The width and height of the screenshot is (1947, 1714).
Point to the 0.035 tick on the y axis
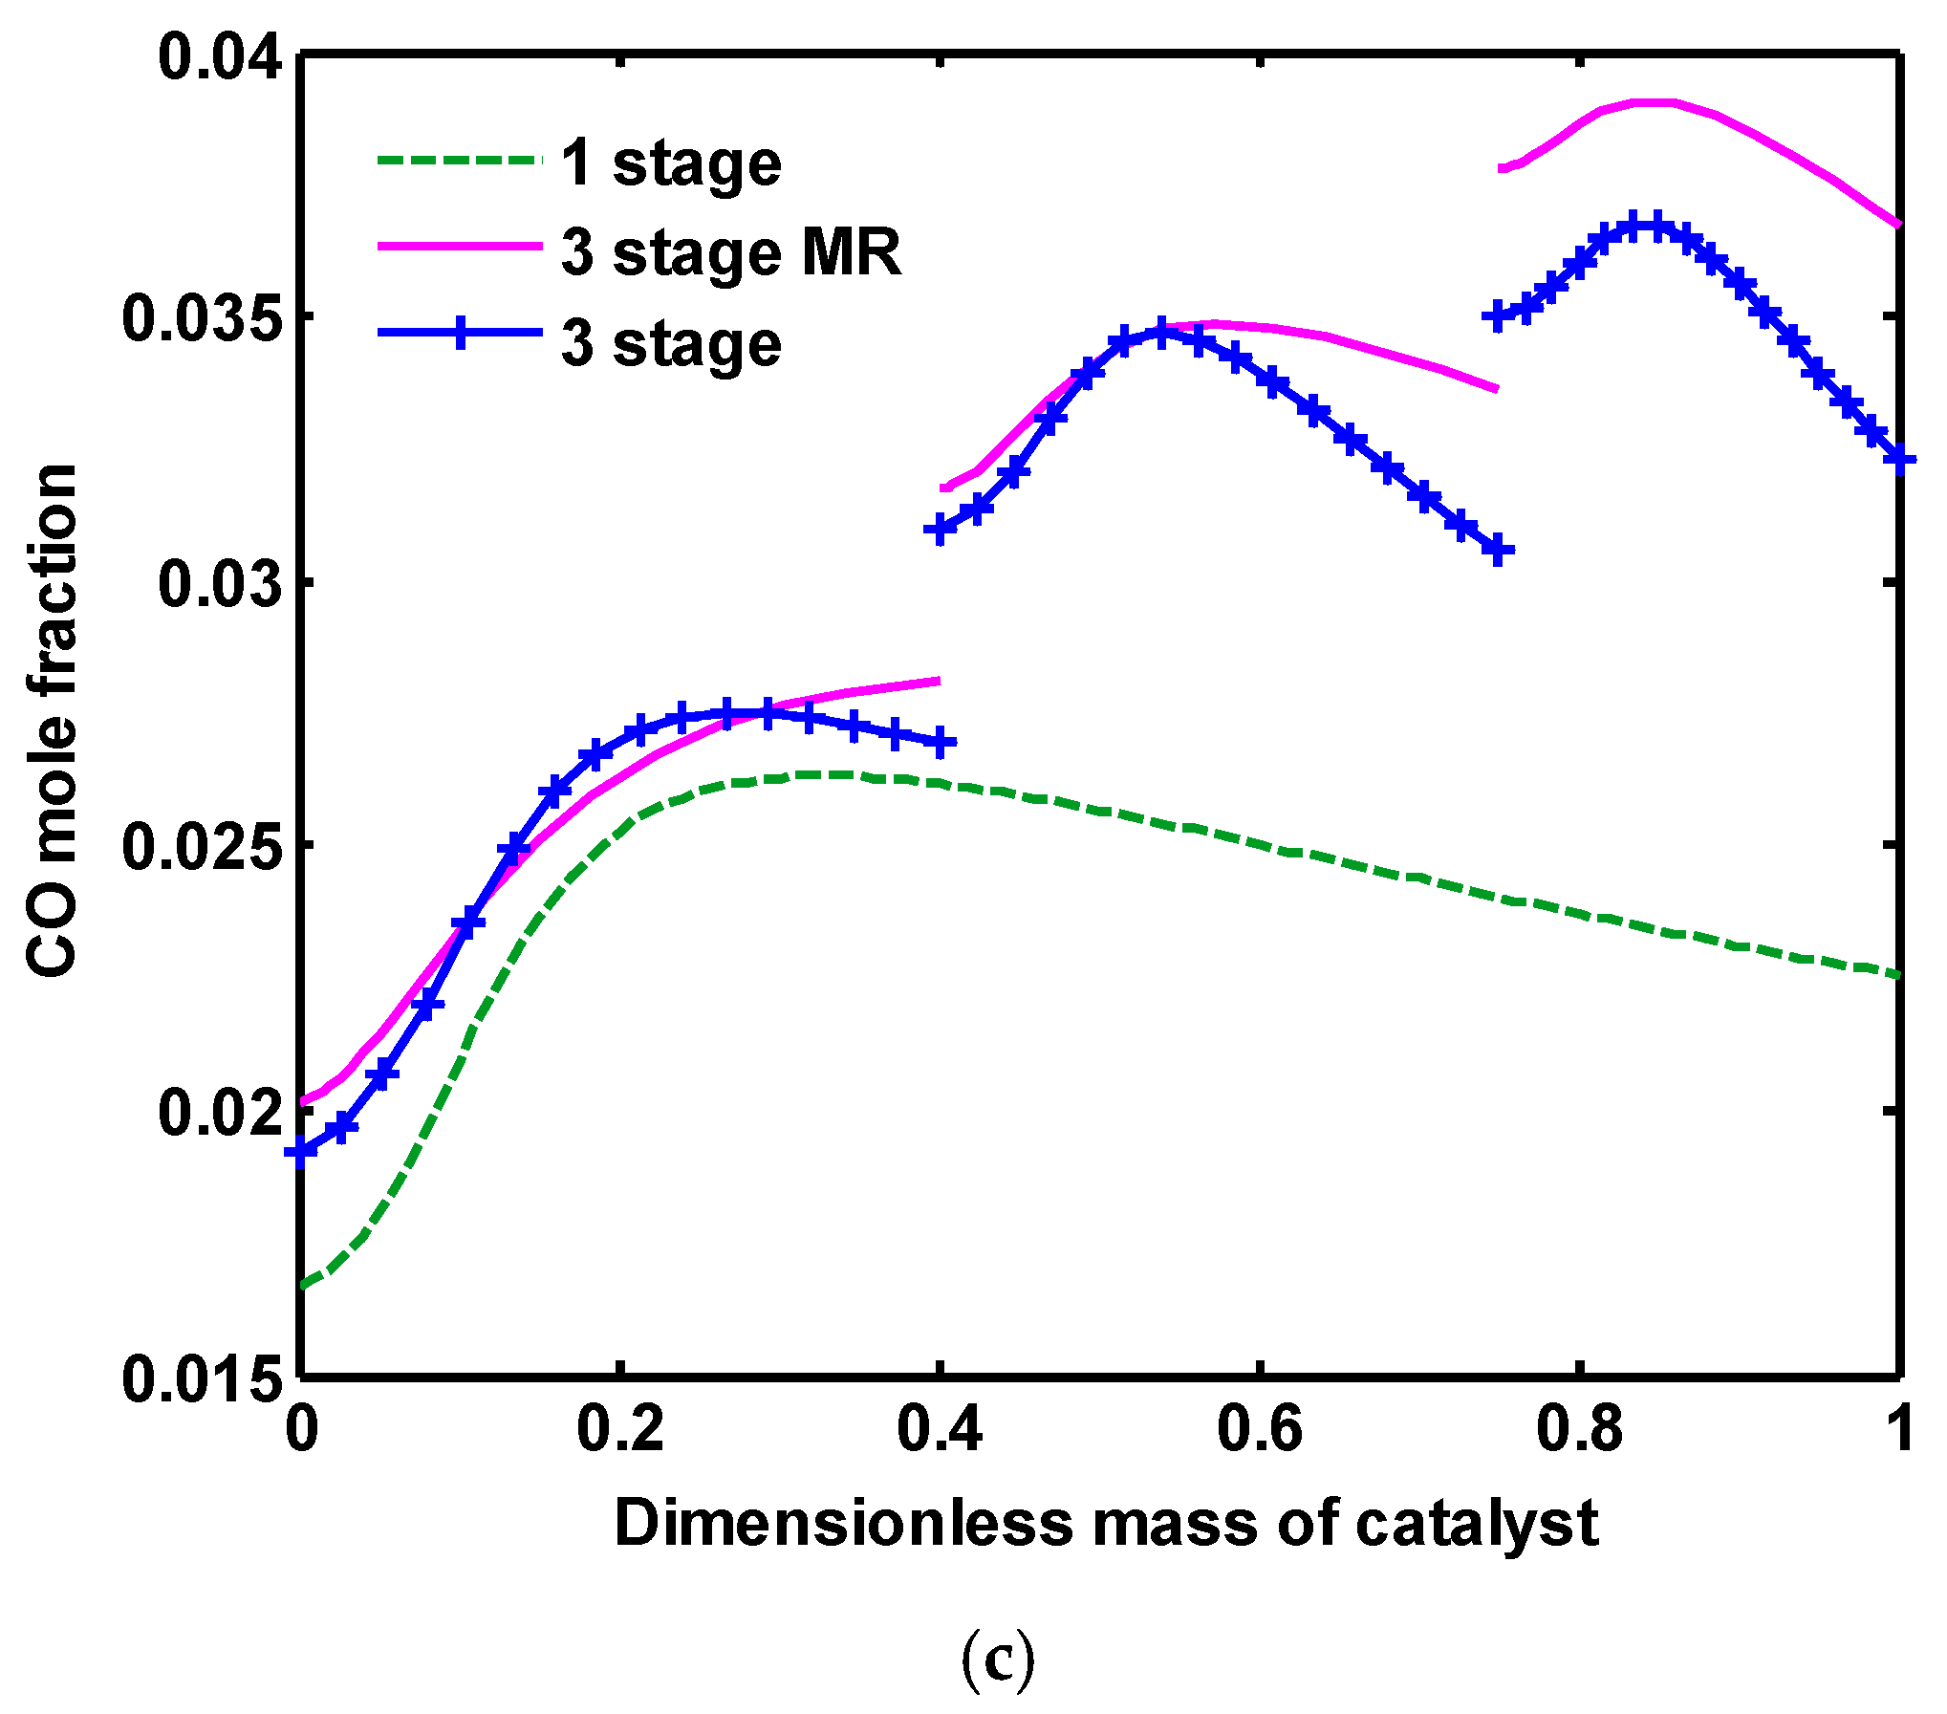coord(203,318)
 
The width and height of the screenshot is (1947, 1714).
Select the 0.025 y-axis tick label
coord(203,846)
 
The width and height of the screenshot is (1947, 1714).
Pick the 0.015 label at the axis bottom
coord(203,1378)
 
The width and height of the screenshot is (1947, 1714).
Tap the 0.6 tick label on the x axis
coord(1259,1429)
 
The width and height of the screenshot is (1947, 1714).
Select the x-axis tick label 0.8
coord(1579,1429)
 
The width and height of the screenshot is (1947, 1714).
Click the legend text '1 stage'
coord(671,163)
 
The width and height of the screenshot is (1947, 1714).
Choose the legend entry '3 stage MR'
coord(731,253)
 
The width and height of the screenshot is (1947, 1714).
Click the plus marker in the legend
coord(461,333)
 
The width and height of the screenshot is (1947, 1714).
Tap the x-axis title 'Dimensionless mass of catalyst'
coord(1105,1524)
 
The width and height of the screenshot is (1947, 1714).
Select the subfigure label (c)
coord(996,1660)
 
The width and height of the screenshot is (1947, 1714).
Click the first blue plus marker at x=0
coord(302,1152)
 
